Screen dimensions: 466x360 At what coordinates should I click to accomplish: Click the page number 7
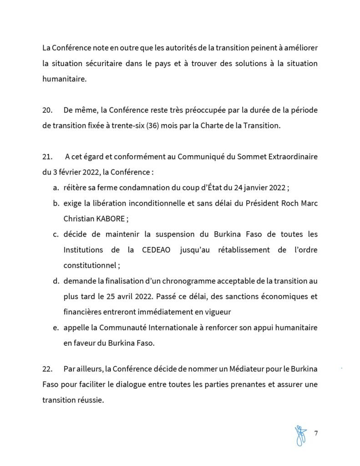coord(316,432)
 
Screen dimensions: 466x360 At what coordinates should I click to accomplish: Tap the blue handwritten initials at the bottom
coord(300,435)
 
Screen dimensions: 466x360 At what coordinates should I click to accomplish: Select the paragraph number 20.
coord(47,111)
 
